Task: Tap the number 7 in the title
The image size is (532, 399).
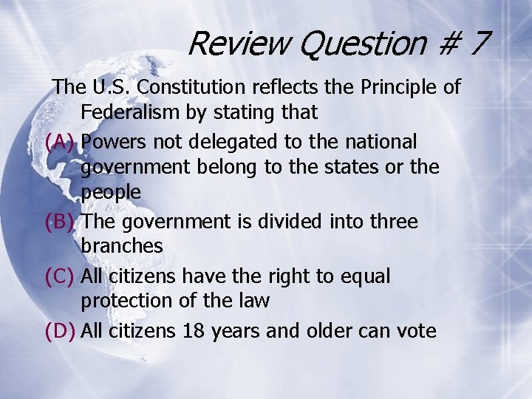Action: point(478,44)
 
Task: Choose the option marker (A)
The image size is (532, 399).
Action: point(60,141)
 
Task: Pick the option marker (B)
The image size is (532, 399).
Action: point(60,222)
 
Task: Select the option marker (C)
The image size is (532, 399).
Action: point(60,276)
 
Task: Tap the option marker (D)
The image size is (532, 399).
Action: point(60,331)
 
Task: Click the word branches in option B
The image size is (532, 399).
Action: point(121,246)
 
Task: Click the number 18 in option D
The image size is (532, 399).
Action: point(194,331)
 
